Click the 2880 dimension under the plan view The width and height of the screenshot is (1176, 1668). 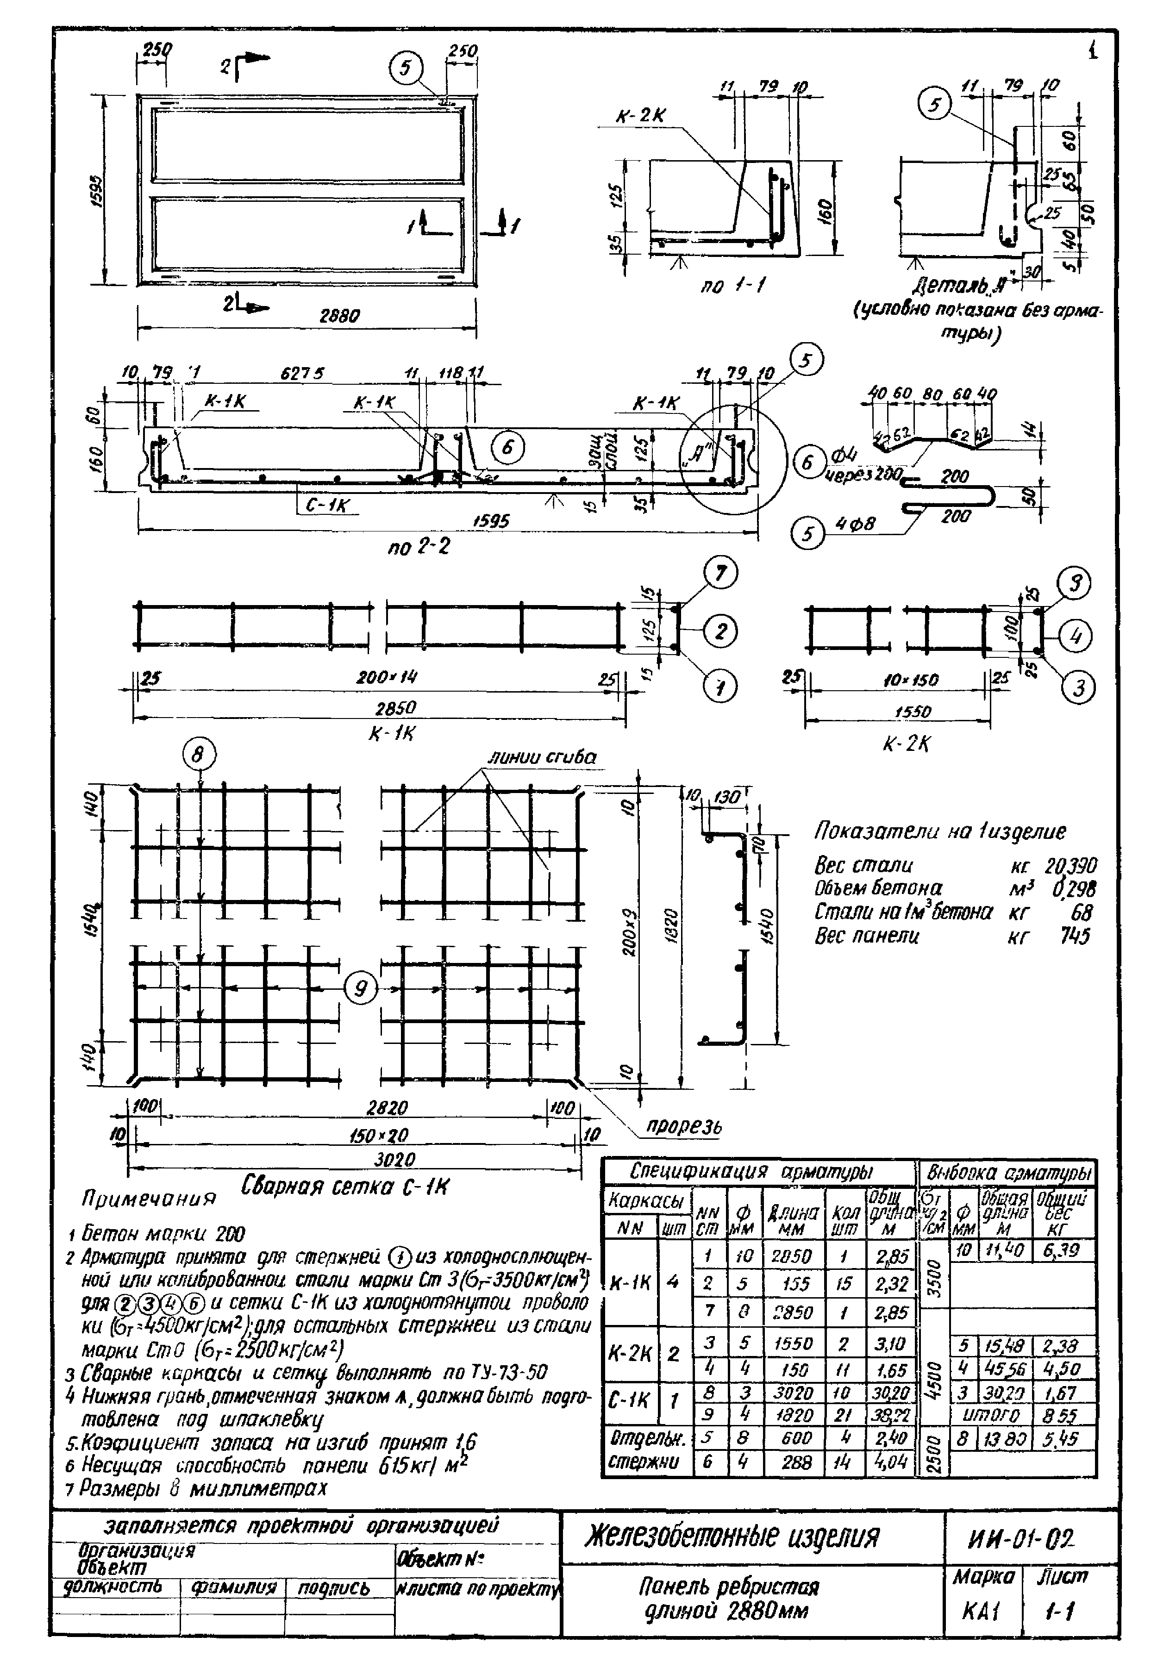[x=339, y=316]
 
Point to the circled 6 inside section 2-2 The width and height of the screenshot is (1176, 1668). [x=507, y=448]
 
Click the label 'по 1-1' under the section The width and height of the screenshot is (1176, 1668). [x=734, y=286]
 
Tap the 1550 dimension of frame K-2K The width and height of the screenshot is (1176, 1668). [x=913, y=712]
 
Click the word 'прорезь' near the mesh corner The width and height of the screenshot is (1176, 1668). [x=684, y=1127]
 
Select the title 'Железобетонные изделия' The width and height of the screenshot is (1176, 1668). [x=732, y=1537]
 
